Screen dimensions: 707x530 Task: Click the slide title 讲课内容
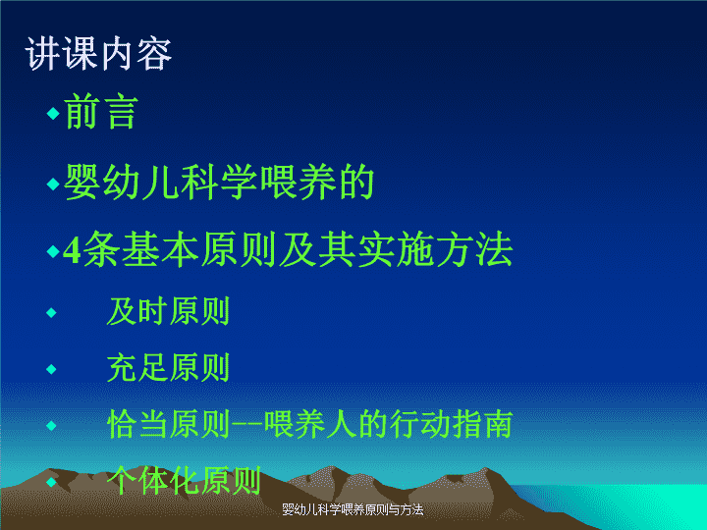[x=98, y=54]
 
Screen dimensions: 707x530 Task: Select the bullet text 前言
[x=101, y=112]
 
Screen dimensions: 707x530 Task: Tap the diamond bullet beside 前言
[x=53, y=113]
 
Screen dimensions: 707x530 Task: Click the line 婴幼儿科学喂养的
[x=219, y=183]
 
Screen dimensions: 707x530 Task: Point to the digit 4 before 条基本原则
[x=72, y=250]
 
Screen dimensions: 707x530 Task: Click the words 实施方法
[x=436, y=249]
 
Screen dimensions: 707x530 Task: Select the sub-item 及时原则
[x=169, y=311]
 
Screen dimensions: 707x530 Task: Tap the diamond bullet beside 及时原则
[x=51, y=312]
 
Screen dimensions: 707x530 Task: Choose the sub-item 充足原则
[x=169, y=368]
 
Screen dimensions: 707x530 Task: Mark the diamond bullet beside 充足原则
[x=51, y=369]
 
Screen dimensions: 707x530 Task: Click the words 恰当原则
[x=169, y=424]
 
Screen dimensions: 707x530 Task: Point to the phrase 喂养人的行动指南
[x=388, y=424]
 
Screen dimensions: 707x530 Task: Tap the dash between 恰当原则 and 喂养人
[x=247, y=425]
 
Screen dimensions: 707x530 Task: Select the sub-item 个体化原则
[x=184, y=480]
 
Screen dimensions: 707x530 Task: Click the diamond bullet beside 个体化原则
[x=51, y=482]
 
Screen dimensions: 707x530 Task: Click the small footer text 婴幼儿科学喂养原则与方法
[x=353, y=509]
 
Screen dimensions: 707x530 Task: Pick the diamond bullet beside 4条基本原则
[x=53, y=251]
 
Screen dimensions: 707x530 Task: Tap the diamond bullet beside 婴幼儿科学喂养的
[x=53, y=184]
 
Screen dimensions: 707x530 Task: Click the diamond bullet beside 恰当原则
[x=51, y=425]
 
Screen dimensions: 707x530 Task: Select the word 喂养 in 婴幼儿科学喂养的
[x=298, y=183]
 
